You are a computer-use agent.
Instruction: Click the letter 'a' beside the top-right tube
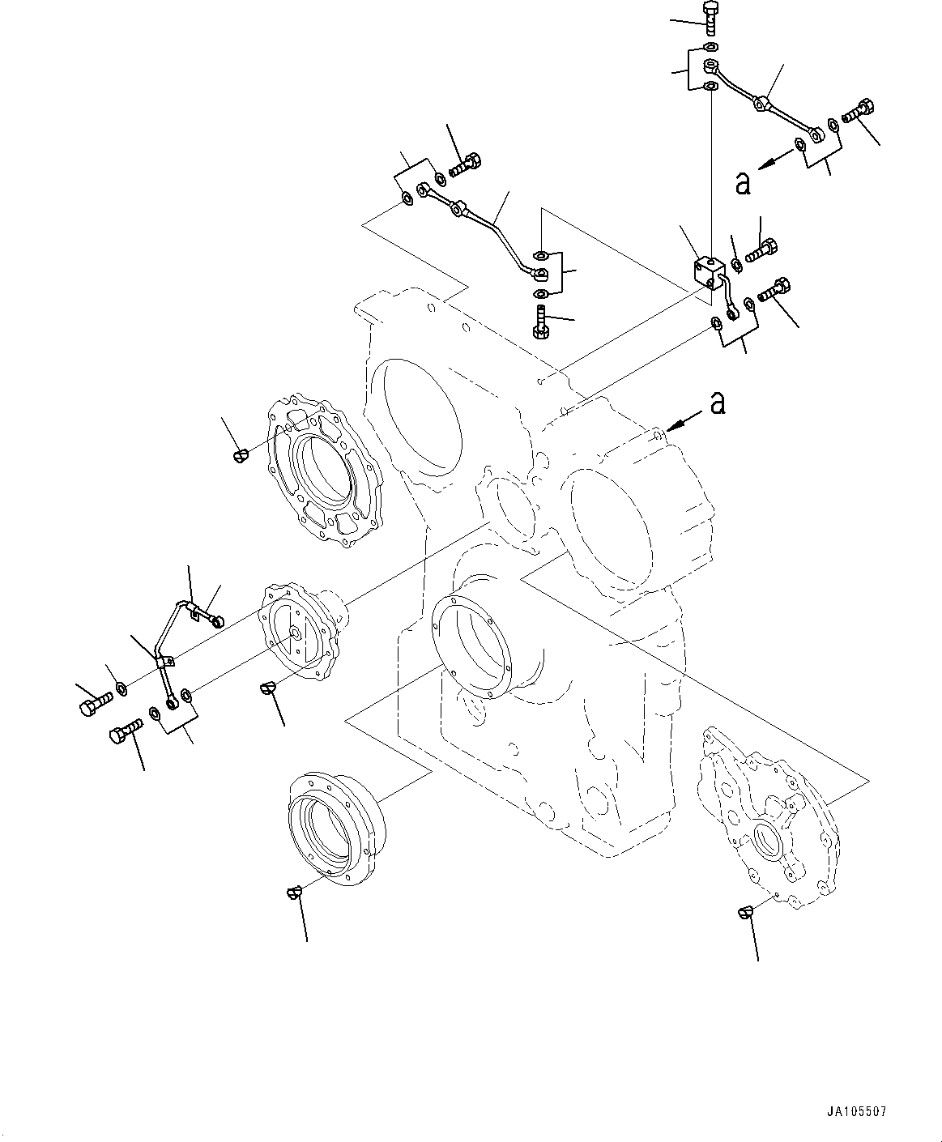pos(742,184)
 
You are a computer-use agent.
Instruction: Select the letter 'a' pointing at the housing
pos(716,402)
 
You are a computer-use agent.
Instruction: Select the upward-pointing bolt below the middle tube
pos(541,321)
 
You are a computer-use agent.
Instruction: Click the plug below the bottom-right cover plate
pos(746,913)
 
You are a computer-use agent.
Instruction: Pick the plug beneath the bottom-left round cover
pos(294,892)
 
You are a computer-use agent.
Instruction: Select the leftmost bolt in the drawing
pos(91,706)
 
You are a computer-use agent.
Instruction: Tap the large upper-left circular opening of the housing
pos(421,417)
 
